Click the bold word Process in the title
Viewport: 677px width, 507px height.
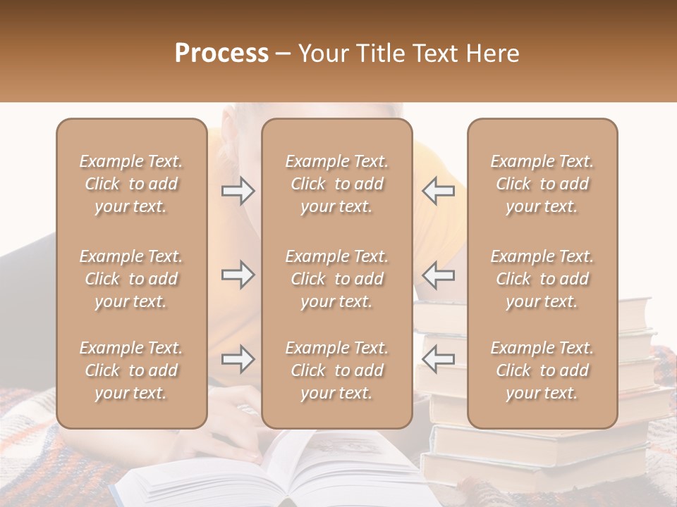point(221,53)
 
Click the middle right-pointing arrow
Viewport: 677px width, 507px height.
point(238,275)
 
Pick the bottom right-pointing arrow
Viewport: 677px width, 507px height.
point(238,360)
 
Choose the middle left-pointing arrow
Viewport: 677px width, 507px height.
point(438,275)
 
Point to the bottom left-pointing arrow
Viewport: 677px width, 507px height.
point(438,360)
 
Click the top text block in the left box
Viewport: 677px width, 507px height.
point(131,184)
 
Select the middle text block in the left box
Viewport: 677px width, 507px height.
point(131,279)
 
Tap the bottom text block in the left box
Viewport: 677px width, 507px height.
point(131,370)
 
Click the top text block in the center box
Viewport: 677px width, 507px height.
point(336,184)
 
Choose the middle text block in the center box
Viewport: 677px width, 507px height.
point(336,279)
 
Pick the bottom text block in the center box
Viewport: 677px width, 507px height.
point(336,370)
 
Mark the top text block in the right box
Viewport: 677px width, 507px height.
point(542,184)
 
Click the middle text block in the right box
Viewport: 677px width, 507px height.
point(542,279)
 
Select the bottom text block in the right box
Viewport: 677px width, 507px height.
point(542,370)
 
